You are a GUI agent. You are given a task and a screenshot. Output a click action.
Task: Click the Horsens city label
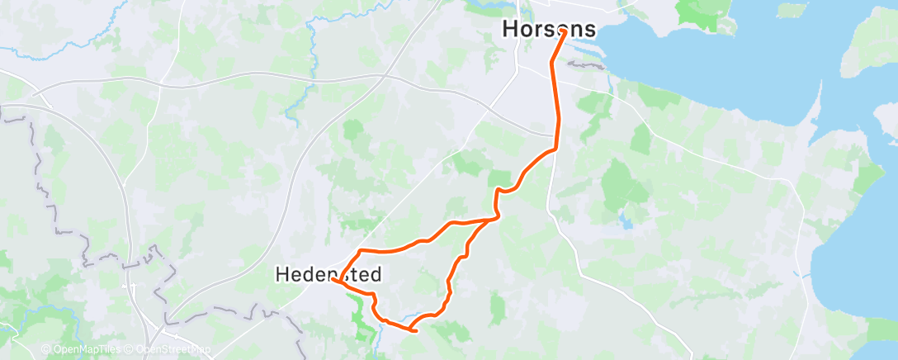(x=549, y=29)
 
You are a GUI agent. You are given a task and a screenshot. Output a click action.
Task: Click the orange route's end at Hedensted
(x=333, y=280)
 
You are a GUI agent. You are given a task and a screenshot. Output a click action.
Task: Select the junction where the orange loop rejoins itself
(x=494, y=219)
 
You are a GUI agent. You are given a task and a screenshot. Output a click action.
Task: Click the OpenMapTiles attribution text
(x=86, y=350)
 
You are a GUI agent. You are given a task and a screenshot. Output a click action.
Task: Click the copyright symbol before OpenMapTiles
(x=45, y=350)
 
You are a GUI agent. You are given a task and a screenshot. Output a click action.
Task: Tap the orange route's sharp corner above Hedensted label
(x=361, y=249)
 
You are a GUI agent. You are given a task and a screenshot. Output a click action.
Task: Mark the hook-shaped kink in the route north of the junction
(x=498, y=191)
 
